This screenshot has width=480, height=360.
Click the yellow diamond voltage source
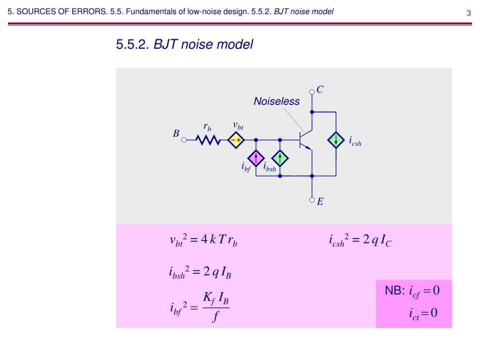point(237,140)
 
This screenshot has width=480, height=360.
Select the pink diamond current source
point(256,158)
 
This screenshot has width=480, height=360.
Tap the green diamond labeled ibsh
point(280,158)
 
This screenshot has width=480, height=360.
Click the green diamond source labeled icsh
point(336,140)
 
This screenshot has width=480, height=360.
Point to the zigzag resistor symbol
point(208,140)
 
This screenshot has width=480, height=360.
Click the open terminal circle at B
point(184,140)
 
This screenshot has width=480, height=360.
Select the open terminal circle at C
point(312,92)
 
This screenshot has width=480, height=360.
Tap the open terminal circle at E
point(312,200)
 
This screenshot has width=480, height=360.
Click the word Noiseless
point(277,101)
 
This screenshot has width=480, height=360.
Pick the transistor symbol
point(305,140)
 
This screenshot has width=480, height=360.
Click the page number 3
point(468,13)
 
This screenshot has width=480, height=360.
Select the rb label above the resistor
point(207,127)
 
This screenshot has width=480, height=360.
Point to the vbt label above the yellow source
point(238,125)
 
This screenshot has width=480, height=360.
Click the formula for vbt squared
point(203,241)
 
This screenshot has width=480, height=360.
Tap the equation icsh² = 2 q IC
point(360,241)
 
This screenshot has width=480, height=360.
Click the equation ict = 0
point(423,313)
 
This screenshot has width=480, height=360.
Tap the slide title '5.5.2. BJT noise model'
point(185,45)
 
